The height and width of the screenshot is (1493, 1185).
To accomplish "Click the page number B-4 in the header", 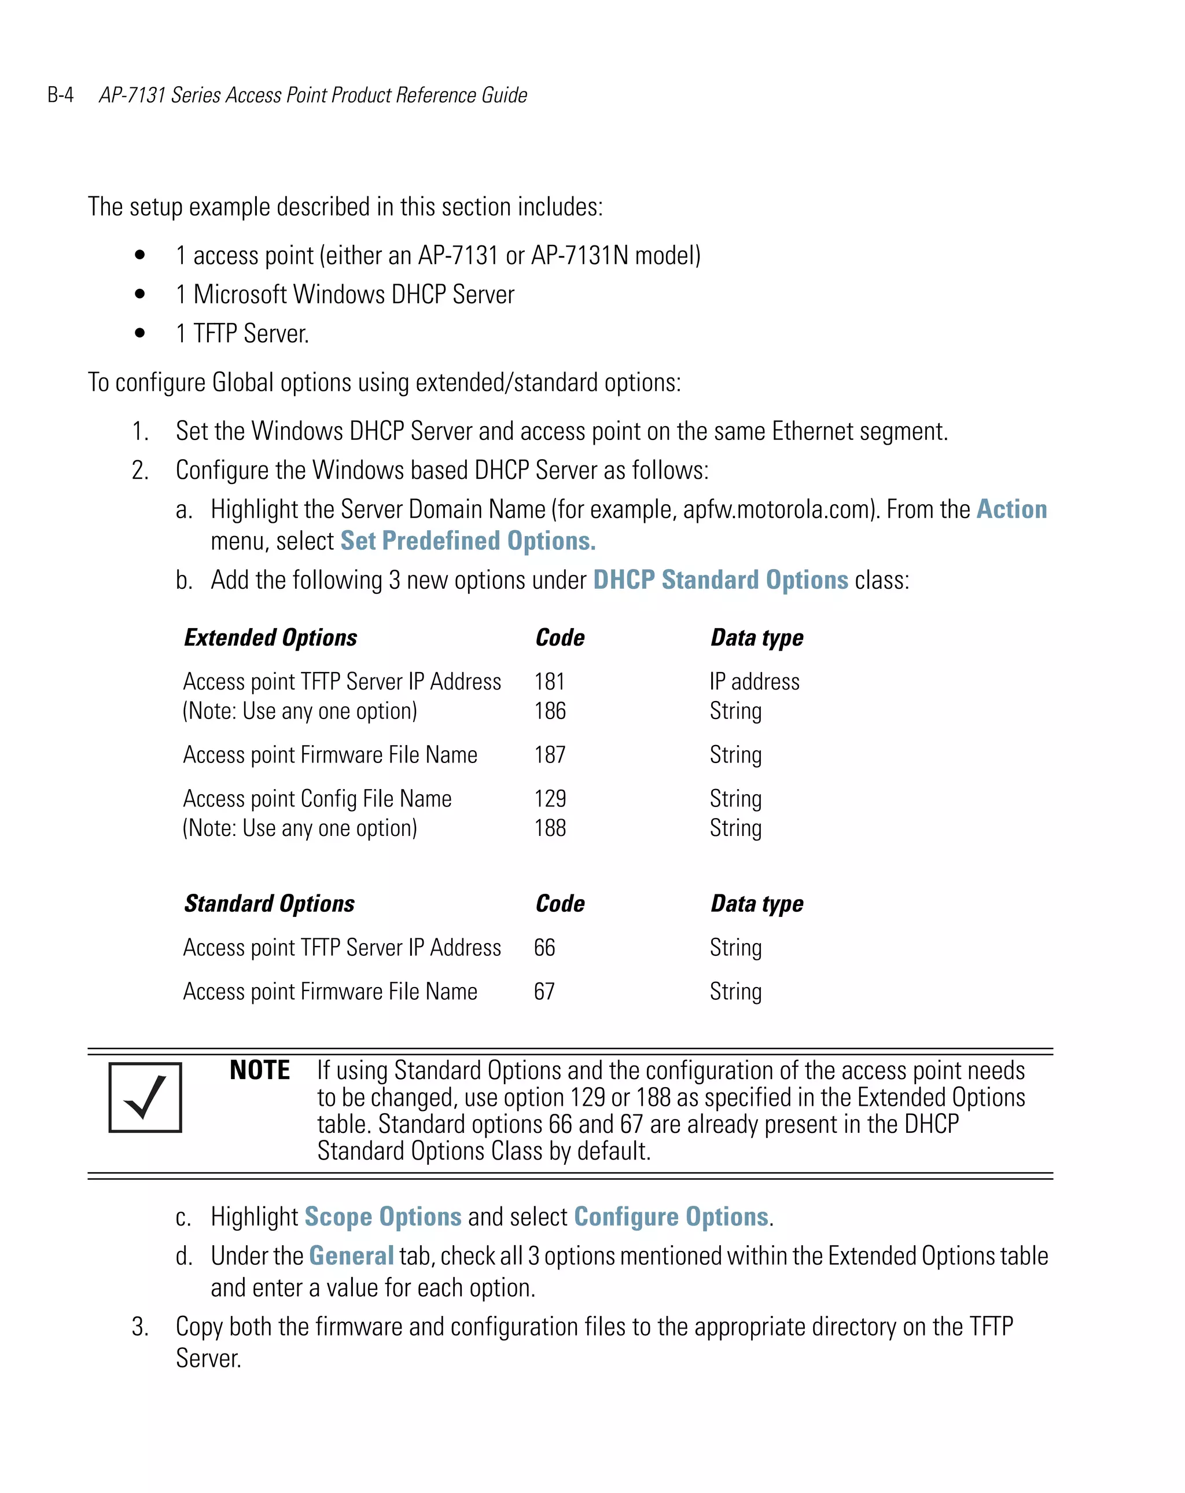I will (x=60, y=95).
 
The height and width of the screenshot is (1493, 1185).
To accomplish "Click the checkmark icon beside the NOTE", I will (x=145, y=1098).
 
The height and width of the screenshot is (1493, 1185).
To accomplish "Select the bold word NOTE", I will (x=260, y=1070).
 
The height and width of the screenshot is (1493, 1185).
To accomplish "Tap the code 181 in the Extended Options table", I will (x=550, y=682).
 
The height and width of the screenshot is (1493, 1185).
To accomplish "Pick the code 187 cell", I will (x=550, y=755).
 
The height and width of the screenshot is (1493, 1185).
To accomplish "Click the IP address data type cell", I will (x=755, y=682).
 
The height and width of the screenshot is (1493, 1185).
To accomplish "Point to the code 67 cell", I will (x=544, y=992).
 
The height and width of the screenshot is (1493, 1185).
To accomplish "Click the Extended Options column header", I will (x=271, y=638).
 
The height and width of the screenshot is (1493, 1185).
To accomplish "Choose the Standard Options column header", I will (x=269, y=904).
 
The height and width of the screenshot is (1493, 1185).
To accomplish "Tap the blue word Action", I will (x=1011, y=509).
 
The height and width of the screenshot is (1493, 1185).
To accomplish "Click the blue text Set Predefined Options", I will (x=468, y=541).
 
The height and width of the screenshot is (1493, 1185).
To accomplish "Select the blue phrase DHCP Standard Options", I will (x=720, y=580).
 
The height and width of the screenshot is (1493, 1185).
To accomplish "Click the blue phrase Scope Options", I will (x=383, y=1217).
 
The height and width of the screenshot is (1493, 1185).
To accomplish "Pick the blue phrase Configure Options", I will (x=671, y=1217).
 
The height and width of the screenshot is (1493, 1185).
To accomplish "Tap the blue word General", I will (x=351, y=1256).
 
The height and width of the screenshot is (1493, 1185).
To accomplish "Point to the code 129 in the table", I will (x=550, y=799).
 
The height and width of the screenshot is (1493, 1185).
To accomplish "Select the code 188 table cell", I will (x=550, y=828).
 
